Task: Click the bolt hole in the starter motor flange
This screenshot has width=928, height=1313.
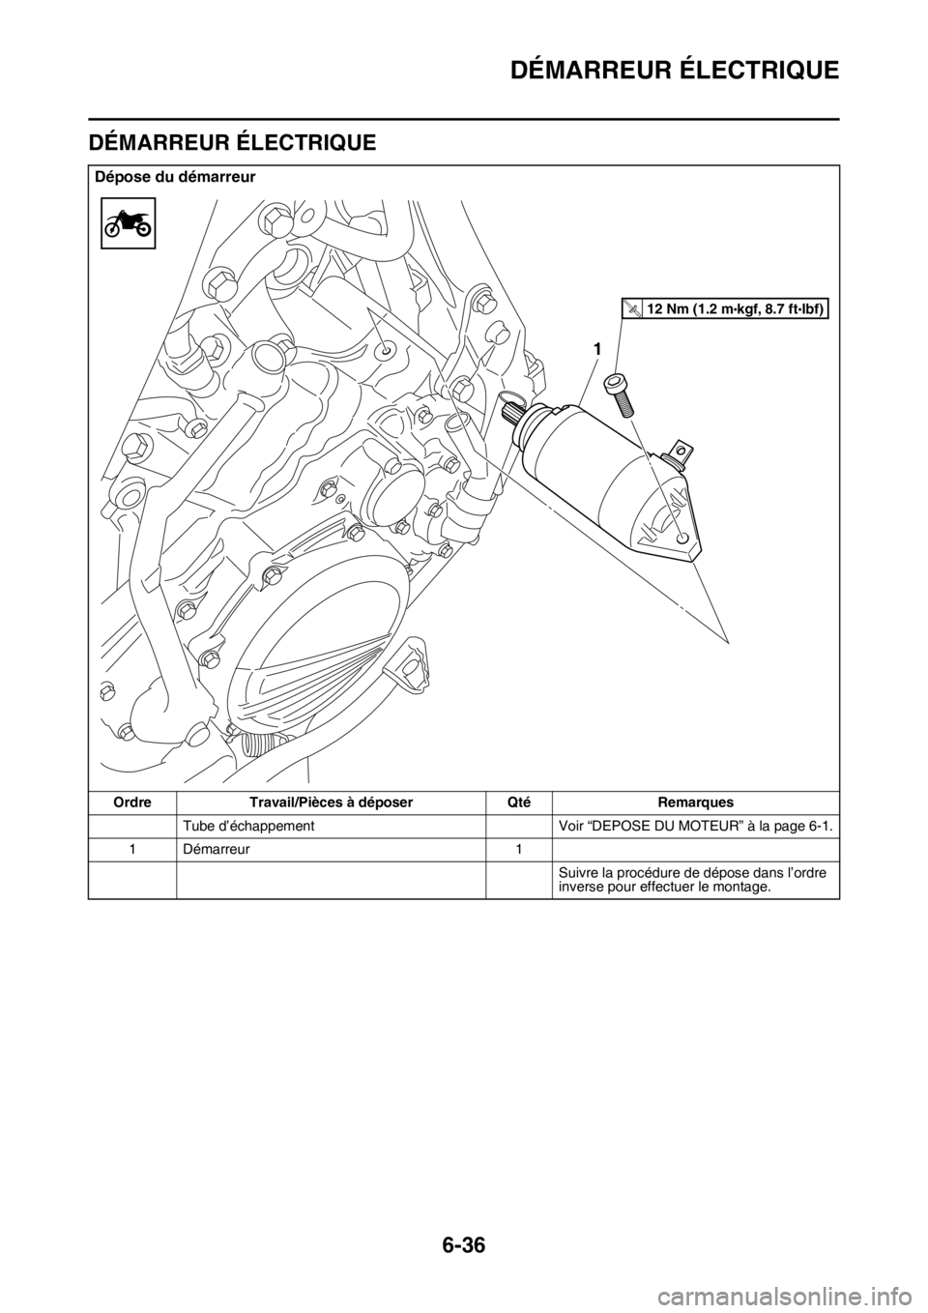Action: click(x=682, y=538)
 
